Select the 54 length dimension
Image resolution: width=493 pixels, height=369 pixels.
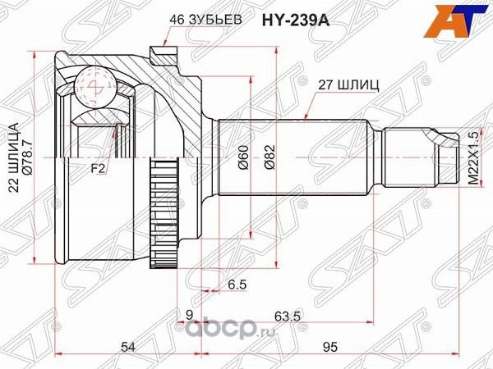click(x=127, y=348)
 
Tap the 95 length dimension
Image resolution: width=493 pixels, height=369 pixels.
click(x=332, y=348)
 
